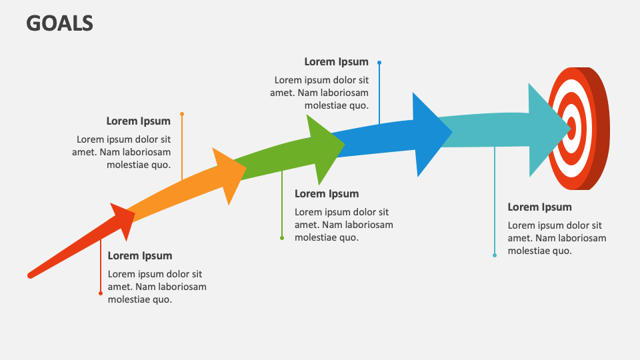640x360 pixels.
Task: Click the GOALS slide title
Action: click(x=60, y=23)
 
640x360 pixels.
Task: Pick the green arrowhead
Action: click(x=324, y=147)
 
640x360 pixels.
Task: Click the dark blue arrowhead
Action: click(x=427, y=134)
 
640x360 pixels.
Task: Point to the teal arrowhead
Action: click(x=543, y=129)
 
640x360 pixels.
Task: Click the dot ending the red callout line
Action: click(x=101, y=293)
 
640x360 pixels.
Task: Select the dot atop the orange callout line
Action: click(x=182, y=114)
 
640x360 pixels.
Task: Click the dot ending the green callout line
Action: click(x=282, y=238)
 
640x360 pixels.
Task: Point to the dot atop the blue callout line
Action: click(x=379, y=63)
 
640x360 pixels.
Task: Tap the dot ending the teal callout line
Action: click(x=495, y=255)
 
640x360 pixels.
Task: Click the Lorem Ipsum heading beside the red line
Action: click(x=140, y=256)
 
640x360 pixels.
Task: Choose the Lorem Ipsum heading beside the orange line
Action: click(x=138, y=121)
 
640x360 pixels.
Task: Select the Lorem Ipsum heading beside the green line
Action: click(x=327, y=194)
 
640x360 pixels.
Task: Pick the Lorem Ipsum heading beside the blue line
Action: click(x=336, y=62)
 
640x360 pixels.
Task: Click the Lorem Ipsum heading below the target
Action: click(x=539, y=207)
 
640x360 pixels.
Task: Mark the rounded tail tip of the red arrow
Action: click(x=31, y=274)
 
